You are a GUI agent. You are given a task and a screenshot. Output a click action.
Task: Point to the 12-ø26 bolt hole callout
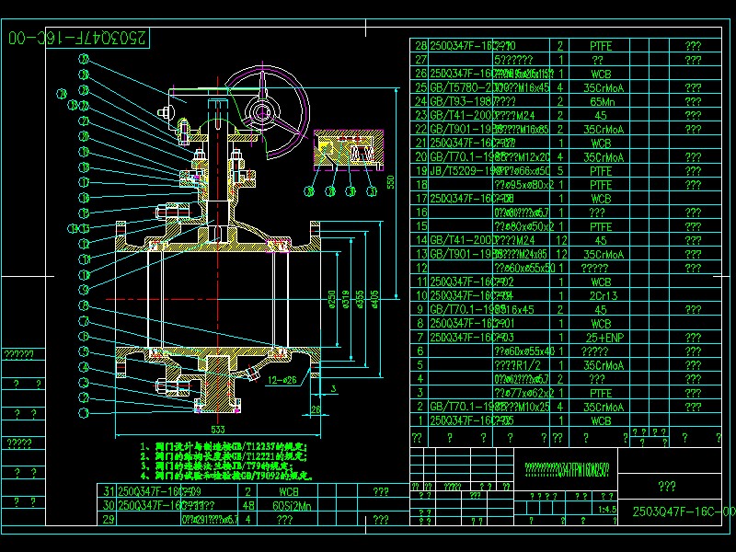[x=282, y=378]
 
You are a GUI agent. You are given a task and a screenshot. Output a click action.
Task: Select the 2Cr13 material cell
[x=600, y=295]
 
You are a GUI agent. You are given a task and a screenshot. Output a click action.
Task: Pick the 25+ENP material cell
[x=600, y=337]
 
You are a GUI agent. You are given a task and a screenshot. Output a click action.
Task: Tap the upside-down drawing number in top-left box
[x=76, y=39]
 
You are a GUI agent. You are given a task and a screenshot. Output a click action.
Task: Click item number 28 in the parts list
[x=421, y=45]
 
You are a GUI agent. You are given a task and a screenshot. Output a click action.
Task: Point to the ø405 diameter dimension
[x=374, y=299]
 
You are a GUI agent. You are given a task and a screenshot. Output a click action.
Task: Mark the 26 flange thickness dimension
[x=316, y=409]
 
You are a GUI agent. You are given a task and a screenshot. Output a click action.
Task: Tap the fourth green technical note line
[x=226, y=476]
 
